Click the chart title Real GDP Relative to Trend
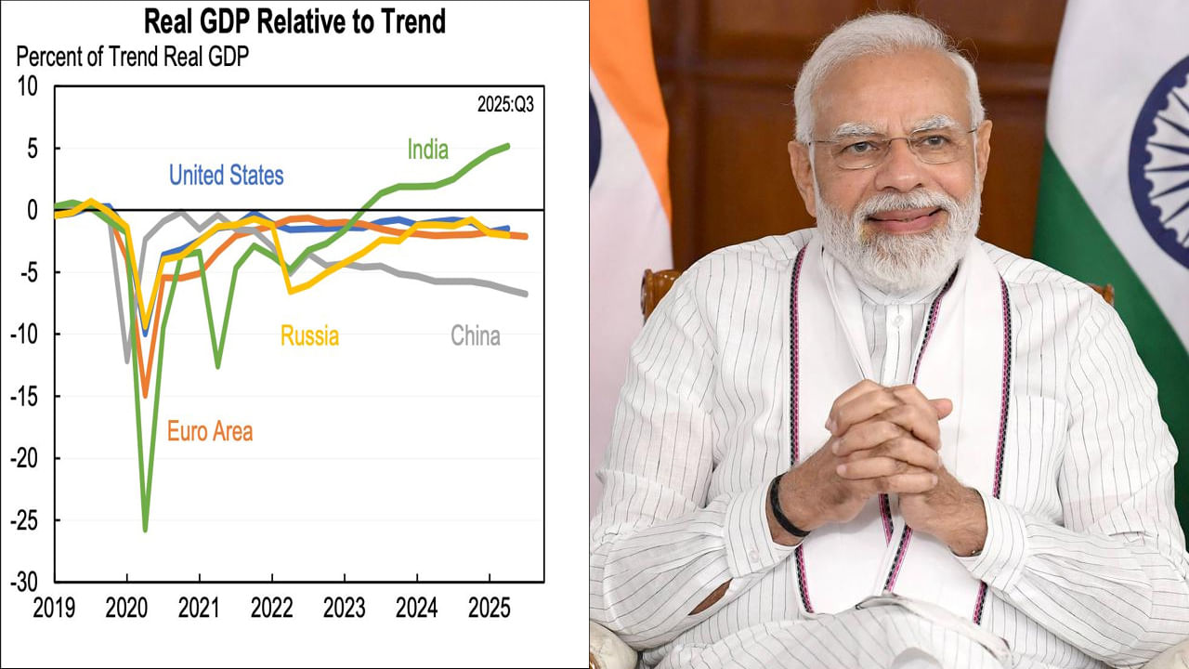(294, 20)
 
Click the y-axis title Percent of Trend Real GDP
(133, 56)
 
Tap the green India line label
(427, 150)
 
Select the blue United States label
(226, 175)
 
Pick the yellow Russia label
(309, 335)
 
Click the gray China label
(475, 335)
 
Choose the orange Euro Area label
(210, 431)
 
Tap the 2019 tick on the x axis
(55, 608)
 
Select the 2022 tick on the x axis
(271, 608)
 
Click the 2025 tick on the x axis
(489, 608)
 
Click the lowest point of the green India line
(146, 531)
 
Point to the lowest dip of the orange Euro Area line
(145, 396)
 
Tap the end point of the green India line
(507, 145)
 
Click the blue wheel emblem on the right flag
(1161, 139)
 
